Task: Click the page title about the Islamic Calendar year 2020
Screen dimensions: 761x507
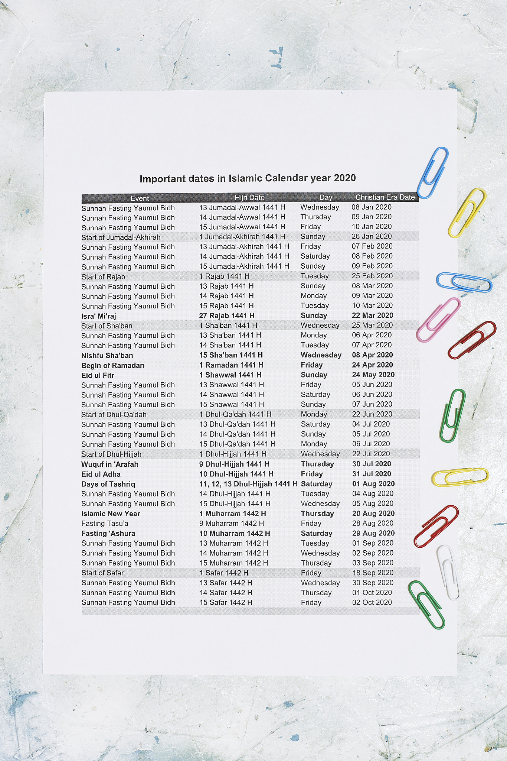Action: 248,179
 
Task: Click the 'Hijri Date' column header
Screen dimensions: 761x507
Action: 249,198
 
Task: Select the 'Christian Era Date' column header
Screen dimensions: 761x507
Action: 385,197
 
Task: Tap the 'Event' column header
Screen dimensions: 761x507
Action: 140,198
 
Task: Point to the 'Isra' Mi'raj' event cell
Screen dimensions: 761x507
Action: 99,316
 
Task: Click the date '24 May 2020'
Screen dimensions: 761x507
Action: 373,375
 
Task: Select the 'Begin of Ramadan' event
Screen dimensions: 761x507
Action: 112,366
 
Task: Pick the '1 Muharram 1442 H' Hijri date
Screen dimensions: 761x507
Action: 232,514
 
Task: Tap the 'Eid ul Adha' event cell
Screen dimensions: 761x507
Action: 101,474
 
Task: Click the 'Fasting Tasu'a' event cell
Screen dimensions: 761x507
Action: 105,524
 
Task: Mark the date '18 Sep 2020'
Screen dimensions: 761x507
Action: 373,573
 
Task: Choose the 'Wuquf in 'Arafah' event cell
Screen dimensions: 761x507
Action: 109,464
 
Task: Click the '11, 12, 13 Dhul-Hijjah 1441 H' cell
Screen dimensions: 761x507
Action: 248,484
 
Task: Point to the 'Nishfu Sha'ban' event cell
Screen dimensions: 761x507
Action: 107,356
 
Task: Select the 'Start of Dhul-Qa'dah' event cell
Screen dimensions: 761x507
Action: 114,415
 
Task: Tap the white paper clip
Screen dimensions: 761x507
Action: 448,572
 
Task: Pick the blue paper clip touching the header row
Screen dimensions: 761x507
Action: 433,172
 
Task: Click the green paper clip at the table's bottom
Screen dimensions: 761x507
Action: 426,605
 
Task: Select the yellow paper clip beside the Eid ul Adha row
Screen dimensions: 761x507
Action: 460,477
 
